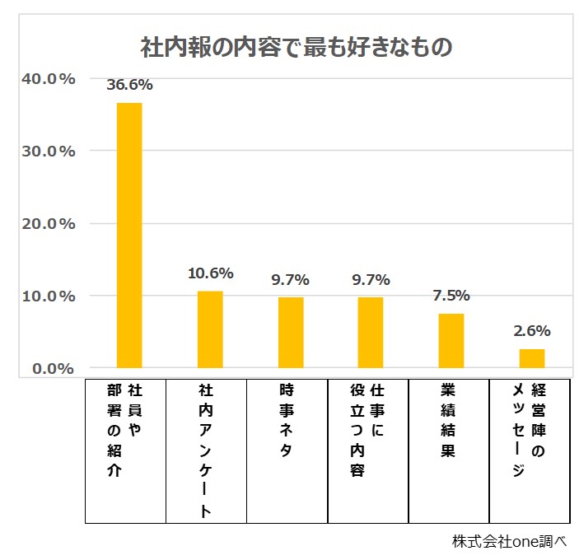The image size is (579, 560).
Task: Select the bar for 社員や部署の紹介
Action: coord(129,235)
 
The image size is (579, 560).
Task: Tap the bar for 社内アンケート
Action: coord(210,329)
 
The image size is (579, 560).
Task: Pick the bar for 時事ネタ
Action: coord(291,332)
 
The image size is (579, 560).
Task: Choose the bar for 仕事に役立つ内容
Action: coord(371,332)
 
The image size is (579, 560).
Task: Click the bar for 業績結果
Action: coord(451,340)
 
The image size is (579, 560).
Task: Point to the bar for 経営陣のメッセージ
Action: coord(531,358)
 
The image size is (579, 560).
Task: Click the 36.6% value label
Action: coord(129,84)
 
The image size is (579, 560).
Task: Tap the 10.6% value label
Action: coord(210,273)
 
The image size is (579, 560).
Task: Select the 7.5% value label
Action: coord(451,296)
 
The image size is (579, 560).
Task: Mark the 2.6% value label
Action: coord(531,331)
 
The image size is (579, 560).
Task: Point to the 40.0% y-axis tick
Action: coord(48,79)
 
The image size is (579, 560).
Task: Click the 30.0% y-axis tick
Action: coord(48,152)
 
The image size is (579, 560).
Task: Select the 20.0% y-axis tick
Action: coord(48,223)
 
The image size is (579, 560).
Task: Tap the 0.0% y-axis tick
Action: coord(52,368)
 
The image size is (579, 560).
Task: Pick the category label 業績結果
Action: coord(448,420)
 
